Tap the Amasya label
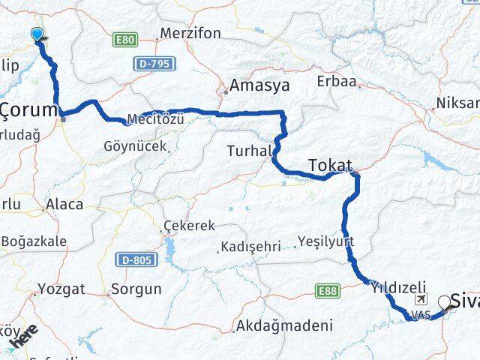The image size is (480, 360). click(x=259, y=85)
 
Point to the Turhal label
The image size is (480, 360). click(x=249, y=151)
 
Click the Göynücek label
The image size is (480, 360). click(x=135, y=147)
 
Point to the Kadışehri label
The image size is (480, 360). click(x=250, y=246)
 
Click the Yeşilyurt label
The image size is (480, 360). click(x=325, y=241)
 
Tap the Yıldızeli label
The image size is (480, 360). click(x=397, y=286)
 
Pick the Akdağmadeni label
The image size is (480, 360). click(x=283, y=325)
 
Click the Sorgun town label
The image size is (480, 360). click(x=136, y=288)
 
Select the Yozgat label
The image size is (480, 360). click(x=61, y=288)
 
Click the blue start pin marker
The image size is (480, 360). click(x=37, y=34)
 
